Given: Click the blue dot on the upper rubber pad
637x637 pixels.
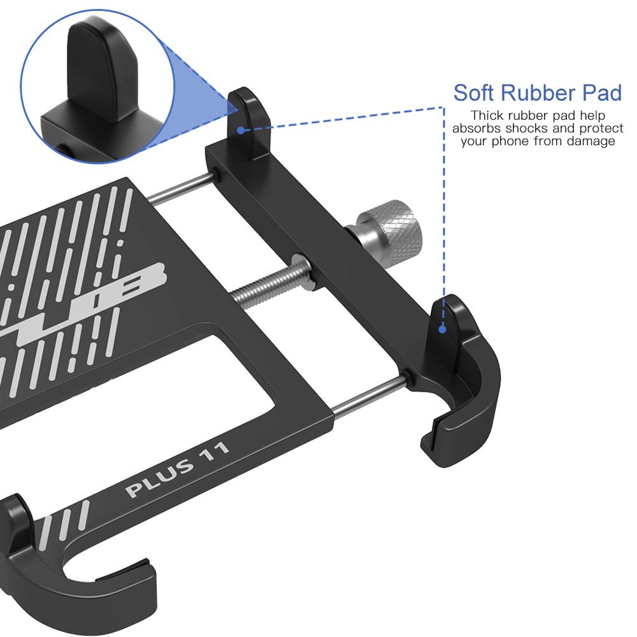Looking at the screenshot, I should click(x=241, y=130).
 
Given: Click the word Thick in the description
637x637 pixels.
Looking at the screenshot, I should click(x=486, y=116).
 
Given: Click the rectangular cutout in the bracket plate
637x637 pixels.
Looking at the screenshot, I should click(x=242, y=376).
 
